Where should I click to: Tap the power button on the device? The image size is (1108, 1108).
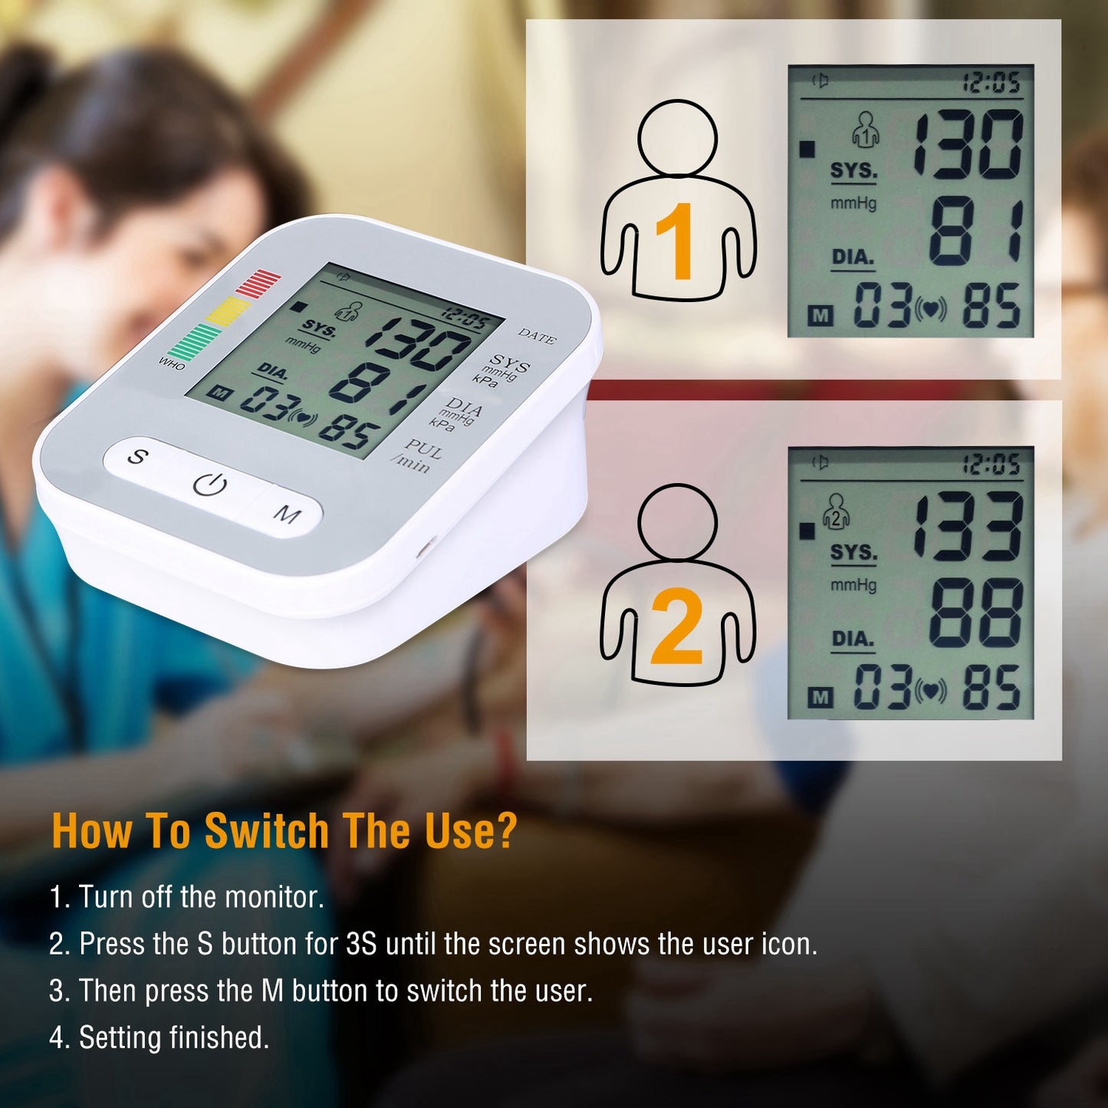(210, 485)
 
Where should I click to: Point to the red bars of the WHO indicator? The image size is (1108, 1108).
(259, 282)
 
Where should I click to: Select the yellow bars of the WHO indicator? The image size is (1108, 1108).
(228, 311)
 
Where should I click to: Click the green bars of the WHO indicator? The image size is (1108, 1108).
(194, 341)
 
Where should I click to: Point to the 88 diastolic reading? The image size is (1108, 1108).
(975, 613)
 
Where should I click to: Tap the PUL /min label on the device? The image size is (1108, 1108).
(417, 455)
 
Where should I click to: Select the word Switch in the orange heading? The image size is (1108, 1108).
(267, 830)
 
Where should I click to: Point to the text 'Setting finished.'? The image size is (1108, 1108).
(174, 1037)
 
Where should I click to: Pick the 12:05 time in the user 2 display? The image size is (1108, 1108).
(991, 465)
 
